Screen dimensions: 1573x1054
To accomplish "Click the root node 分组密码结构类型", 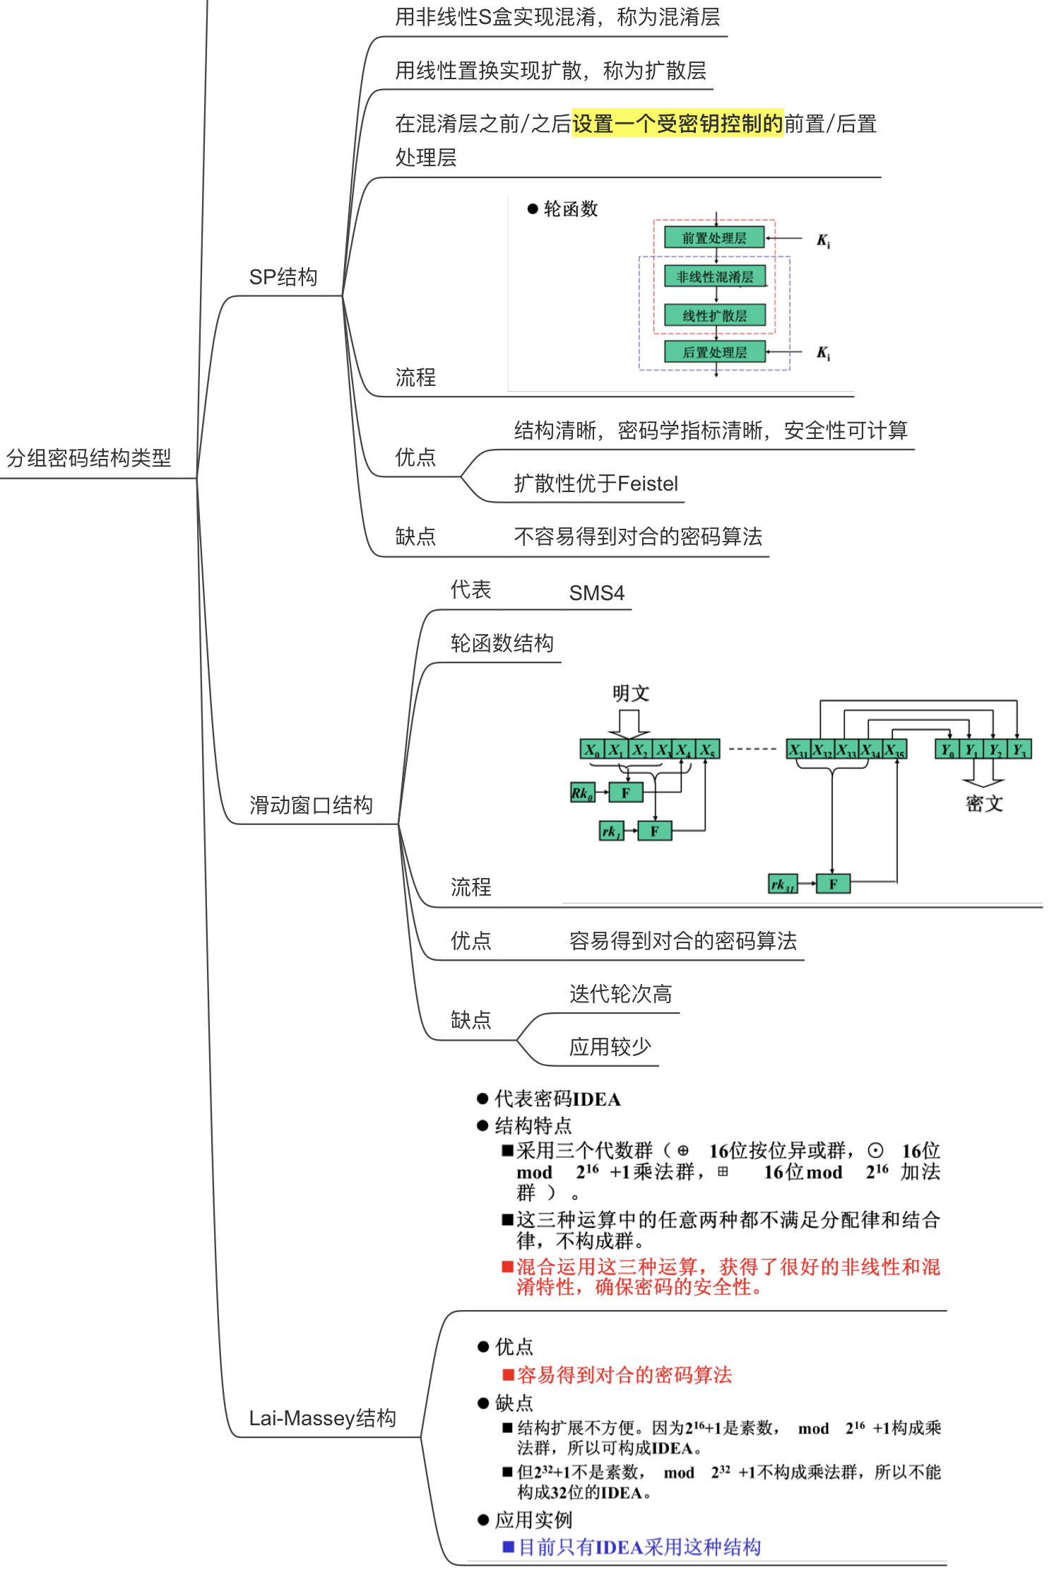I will [89, 458].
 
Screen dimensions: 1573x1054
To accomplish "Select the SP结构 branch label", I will [283, 277].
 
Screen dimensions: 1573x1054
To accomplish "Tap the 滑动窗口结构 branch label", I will [311, 805].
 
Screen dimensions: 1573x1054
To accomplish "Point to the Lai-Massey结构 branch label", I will [322, 1418].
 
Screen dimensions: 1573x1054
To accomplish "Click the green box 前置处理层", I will [714, 238].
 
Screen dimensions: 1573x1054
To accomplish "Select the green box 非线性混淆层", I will [715, 276].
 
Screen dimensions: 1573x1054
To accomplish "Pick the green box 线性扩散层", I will [715, 315].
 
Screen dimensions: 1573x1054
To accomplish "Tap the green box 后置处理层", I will [715, 352].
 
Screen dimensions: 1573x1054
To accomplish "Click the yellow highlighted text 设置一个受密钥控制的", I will [677, 124].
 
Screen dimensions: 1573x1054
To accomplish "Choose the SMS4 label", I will [597, 593].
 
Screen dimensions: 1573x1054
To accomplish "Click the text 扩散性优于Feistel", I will [596, 484].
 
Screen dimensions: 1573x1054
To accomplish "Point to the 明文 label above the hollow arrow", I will [631, 694].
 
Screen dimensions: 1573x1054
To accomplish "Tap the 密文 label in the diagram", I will [984, 804].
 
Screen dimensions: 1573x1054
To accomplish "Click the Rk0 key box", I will [582, 793].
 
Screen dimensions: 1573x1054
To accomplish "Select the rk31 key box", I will [783, 884].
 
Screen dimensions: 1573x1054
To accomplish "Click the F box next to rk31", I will [833, 884].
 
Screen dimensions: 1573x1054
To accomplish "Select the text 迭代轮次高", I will [620, 994].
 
